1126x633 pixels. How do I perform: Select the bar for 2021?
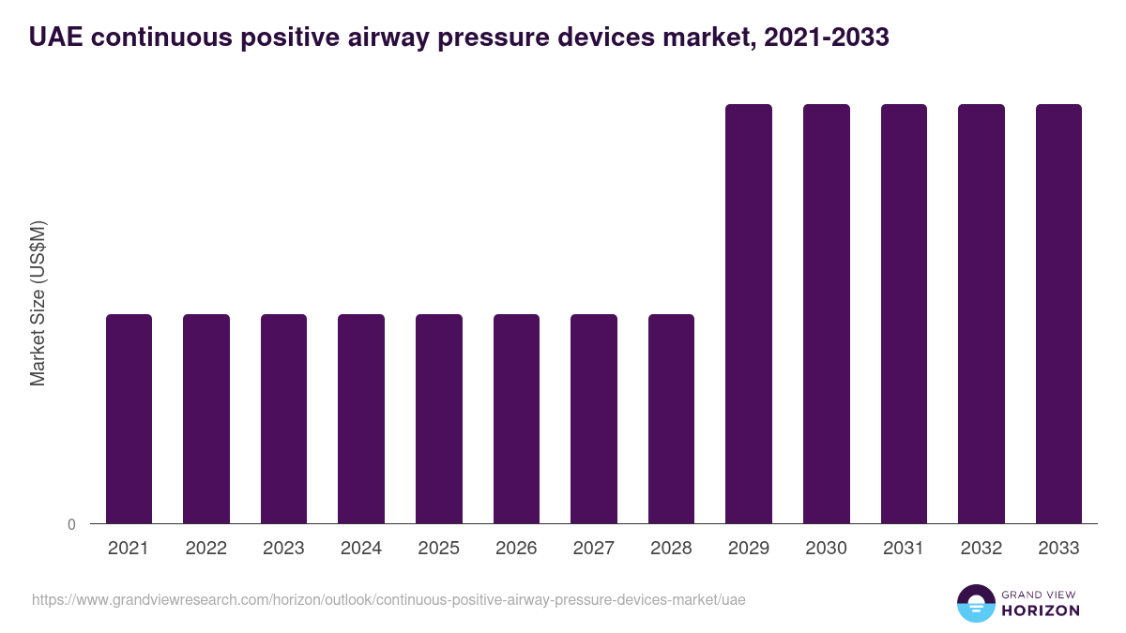click(129, 418)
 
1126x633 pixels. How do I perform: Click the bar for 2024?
click(361, 418)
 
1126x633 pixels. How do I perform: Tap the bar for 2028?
click(671, 418)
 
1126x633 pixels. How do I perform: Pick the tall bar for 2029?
click(749, 313)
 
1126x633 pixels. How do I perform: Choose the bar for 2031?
click(904, 313)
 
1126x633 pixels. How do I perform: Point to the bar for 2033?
click(1058, 313)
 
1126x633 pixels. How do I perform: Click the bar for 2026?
click(516, 418)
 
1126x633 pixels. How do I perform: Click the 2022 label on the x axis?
click(205, 549)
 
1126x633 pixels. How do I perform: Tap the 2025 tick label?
click(438, 549)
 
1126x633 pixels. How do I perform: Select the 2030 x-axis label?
click(826, 549)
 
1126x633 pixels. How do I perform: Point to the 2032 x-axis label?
click(981, 549)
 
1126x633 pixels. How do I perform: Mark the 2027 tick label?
click(593, 549)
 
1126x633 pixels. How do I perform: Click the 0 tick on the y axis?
click(71, 525)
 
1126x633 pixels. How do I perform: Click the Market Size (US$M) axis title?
click(38, 303)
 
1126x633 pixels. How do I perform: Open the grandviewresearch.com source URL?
click(388, 599)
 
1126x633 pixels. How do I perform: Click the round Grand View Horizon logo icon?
click(976, 603)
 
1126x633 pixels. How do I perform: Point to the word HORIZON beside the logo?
click(1040, 610)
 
